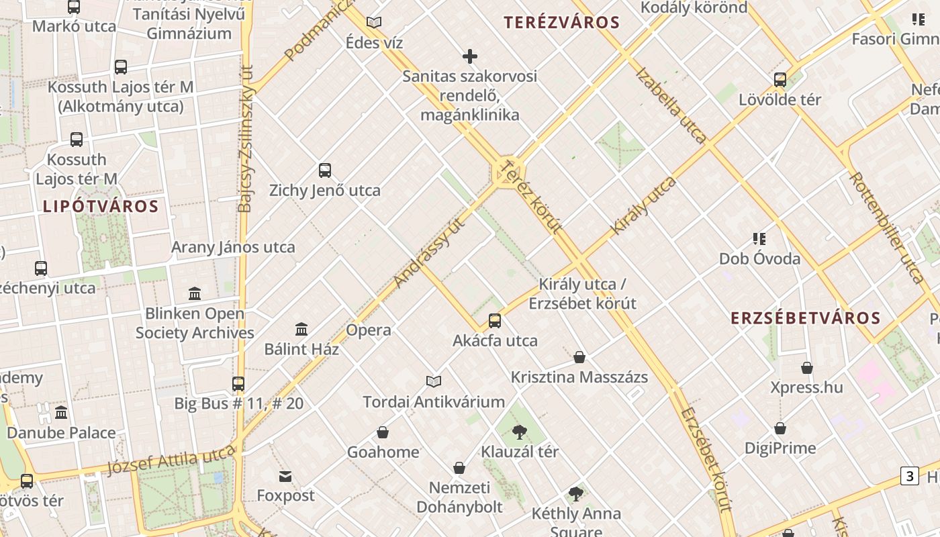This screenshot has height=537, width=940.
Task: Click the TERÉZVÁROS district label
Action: coord(562,22)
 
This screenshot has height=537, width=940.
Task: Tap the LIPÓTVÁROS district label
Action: coord(101,206)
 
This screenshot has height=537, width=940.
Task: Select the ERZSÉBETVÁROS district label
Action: coord(805,318)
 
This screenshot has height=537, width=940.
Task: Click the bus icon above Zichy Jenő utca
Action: coord(325,170)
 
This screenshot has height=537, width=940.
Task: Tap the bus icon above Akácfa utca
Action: coord(495,321)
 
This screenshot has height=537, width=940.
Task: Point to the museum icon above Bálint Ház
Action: coord(301,330)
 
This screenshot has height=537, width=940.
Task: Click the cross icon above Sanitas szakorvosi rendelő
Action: coord(470,56)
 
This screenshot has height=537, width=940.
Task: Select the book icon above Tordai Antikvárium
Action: coord(434,382)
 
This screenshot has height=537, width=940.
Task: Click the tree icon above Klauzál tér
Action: coord(519,432)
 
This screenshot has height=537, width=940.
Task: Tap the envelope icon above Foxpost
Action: coord(285,477)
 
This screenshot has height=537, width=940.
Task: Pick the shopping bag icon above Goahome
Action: coord(383,432)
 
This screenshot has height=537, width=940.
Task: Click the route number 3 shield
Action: coord(909,477)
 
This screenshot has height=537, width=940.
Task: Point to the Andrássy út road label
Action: coord(430,253)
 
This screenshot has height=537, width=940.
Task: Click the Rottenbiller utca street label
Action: coord(886,227)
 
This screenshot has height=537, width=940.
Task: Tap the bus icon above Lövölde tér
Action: coord(780,80)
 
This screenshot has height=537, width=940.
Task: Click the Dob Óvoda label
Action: coord(759,258)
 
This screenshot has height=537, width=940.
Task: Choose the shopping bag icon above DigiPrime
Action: coord(780,428)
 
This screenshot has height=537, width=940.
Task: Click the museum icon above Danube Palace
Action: coord(61,413)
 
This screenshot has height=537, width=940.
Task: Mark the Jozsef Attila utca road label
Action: coord(173,462)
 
